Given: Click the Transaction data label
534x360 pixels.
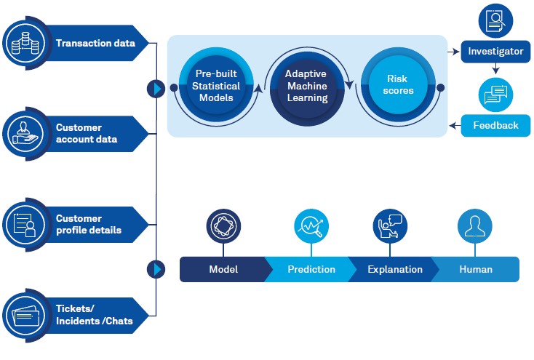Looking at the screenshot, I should pos(95,43).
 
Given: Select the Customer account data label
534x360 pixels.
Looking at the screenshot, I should pos(86,134).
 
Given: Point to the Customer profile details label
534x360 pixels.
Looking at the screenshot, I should pos(88,224).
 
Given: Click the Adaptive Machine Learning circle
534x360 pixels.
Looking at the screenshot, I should pos(306,86).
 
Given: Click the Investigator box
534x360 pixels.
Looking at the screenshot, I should pos(495,52).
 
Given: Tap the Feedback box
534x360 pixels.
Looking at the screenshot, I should pos(495,125).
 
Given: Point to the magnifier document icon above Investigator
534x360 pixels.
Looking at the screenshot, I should pos(495,20).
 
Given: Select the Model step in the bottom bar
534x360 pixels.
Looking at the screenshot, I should pos(223,269).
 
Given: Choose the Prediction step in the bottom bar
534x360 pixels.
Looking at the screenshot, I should pos(311,269).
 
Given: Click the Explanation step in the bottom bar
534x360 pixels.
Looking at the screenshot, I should pos(394,269).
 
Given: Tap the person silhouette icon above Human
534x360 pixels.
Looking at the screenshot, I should pos(474,227).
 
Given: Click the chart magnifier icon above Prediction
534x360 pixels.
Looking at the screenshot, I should pos(311,227).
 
